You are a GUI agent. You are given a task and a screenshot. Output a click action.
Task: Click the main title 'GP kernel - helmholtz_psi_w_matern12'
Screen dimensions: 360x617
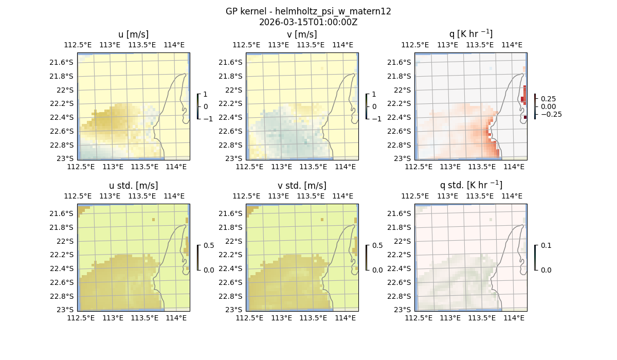point(308,11)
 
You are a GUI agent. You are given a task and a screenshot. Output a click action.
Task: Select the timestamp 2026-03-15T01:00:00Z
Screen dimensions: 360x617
point(308,22)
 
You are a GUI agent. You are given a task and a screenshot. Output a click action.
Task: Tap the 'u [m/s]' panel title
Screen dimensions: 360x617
point(133,34)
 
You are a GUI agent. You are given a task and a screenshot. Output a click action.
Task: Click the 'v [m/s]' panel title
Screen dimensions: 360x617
point(302,34)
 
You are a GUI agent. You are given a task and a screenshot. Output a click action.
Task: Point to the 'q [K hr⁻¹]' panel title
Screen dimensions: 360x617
point(470,34)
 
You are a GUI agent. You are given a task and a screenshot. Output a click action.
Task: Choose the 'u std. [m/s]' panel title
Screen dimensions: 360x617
point(133,186)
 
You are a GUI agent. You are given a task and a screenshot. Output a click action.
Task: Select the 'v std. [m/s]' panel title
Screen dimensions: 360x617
point(302,186)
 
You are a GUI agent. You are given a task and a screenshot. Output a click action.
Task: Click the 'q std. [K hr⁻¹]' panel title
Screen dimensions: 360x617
point(470,185)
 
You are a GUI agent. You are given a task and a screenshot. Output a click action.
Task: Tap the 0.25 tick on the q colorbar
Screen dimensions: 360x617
point(549,99)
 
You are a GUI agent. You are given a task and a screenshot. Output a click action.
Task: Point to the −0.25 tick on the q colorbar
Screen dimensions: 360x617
point(551,114)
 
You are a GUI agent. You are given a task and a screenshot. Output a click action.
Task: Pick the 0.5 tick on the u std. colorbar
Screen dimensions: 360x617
point(209,245)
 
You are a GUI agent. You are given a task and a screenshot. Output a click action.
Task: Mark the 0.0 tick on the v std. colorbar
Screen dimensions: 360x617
point(377,269)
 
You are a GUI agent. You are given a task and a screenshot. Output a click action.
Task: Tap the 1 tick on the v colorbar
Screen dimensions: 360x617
point(374,94)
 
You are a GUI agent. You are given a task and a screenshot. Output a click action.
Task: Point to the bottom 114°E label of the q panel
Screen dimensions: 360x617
point(514,167)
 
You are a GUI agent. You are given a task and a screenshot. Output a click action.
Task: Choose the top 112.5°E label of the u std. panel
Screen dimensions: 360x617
point(78,196)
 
